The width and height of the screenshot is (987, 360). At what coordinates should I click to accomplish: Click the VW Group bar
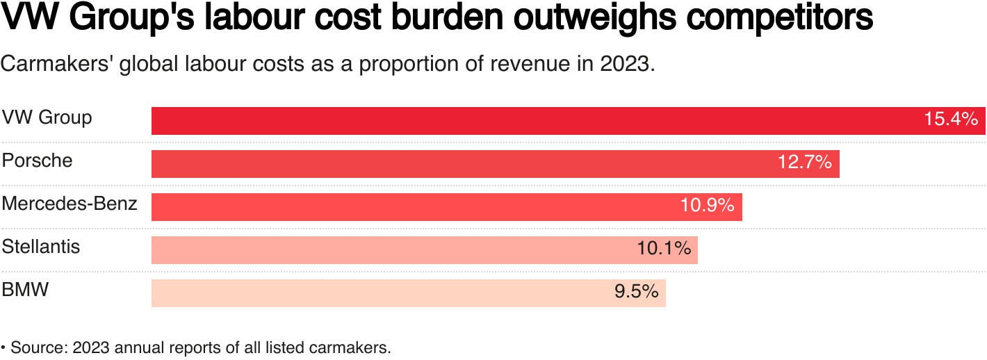coord(528,121)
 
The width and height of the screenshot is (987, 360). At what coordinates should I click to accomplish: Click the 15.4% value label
coord(951,120)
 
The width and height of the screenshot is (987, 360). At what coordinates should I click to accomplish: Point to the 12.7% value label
coord(804,163)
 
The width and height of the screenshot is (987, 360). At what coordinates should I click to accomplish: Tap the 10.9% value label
coord(707,206)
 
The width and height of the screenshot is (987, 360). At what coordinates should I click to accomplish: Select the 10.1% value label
coord(664,249)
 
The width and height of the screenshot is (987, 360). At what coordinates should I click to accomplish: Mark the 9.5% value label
coord(636,292)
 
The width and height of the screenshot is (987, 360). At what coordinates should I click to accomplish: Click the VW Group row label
coord(47,117)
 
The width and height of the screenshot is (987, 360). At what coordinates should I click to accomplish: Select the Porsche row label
coord(37,161)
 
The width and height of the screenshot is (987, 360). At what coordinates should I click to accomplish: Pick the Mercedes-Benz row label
coord(70,204)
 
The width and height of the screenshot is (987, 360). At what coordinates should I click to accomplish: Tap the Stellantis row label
coord(41,247)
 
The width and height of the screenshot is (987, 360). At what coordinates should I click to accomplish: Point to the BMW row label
coord(26,290)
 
